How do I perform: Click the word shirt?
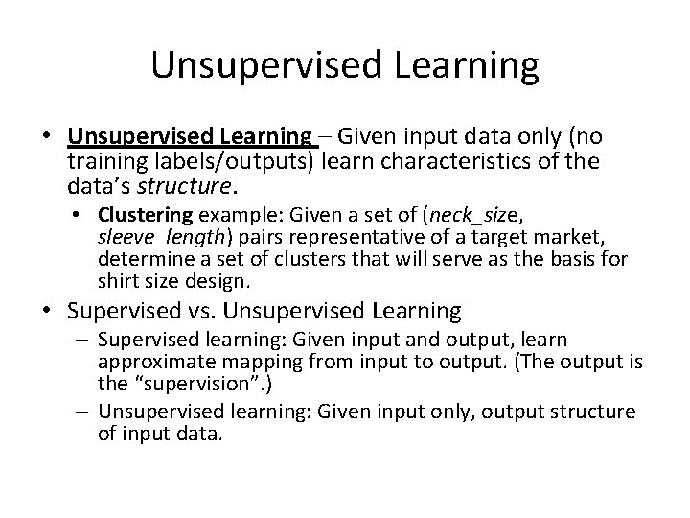point(119,281)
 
